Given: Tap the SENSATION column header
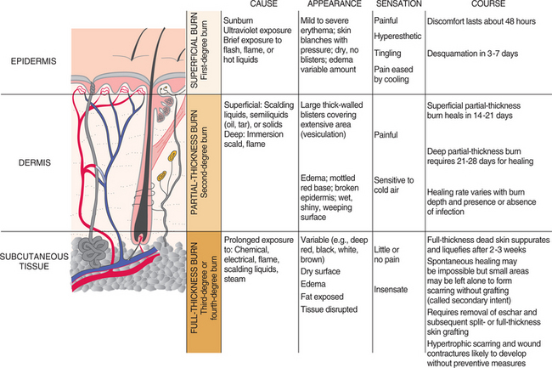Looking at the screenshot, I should coord(396,6).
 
